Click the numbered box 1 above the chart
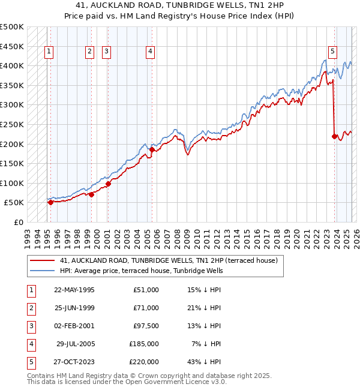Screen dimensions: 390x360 coord(48,52)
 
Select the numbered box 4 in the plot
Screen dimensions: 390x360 coord(149,52)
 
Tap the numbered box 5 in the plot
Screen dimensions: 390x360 coord(332,52)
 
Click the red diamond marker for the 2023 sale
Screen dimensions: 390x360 coord(334,136)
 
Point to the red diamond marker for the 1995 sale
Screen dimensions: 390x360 coord(50,202)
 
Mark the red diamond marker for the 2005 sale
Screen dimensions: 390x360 coord(152,150)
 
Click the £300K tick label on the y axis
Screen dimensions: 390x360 coord(12,105)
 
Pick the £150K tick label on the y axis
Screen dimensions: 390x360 coord(12,163)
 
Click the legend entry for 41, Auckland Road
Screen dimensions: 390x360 coord(168,261)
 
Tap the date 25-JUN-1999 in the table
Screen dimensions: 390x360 coord(74,308)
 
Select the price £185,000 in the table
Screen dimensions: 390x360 coord(144,344)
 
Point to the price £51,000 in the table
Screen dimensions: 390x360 coord(146,290)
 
